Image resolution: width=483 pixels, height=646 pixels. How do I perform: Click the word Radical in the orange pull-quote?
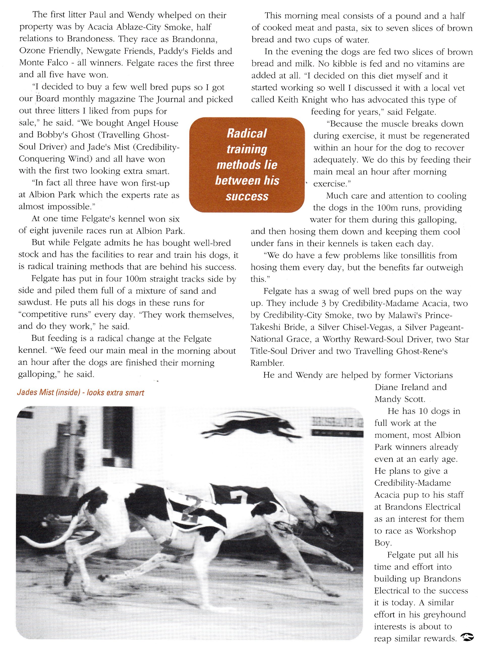click(247, 133)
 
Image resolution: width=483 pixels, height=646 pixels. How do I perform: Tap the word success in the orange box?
click(247, 196)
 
